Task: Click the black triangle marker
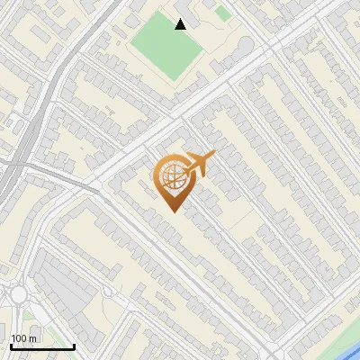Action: [181, 24]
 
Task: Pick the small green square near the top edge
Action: [221, 13]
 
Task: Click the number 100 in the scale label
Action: [19, 338]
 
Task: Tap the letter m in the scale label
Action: [31, 338]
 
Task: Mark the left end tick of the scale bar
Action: [11, 346]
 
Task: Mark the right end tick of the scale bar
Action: [74, 346]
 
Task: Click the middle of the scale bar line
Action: [42, 346]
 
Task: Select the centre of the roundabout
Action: [19, 295]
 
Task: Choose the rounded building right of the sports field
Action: [245, 46]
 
